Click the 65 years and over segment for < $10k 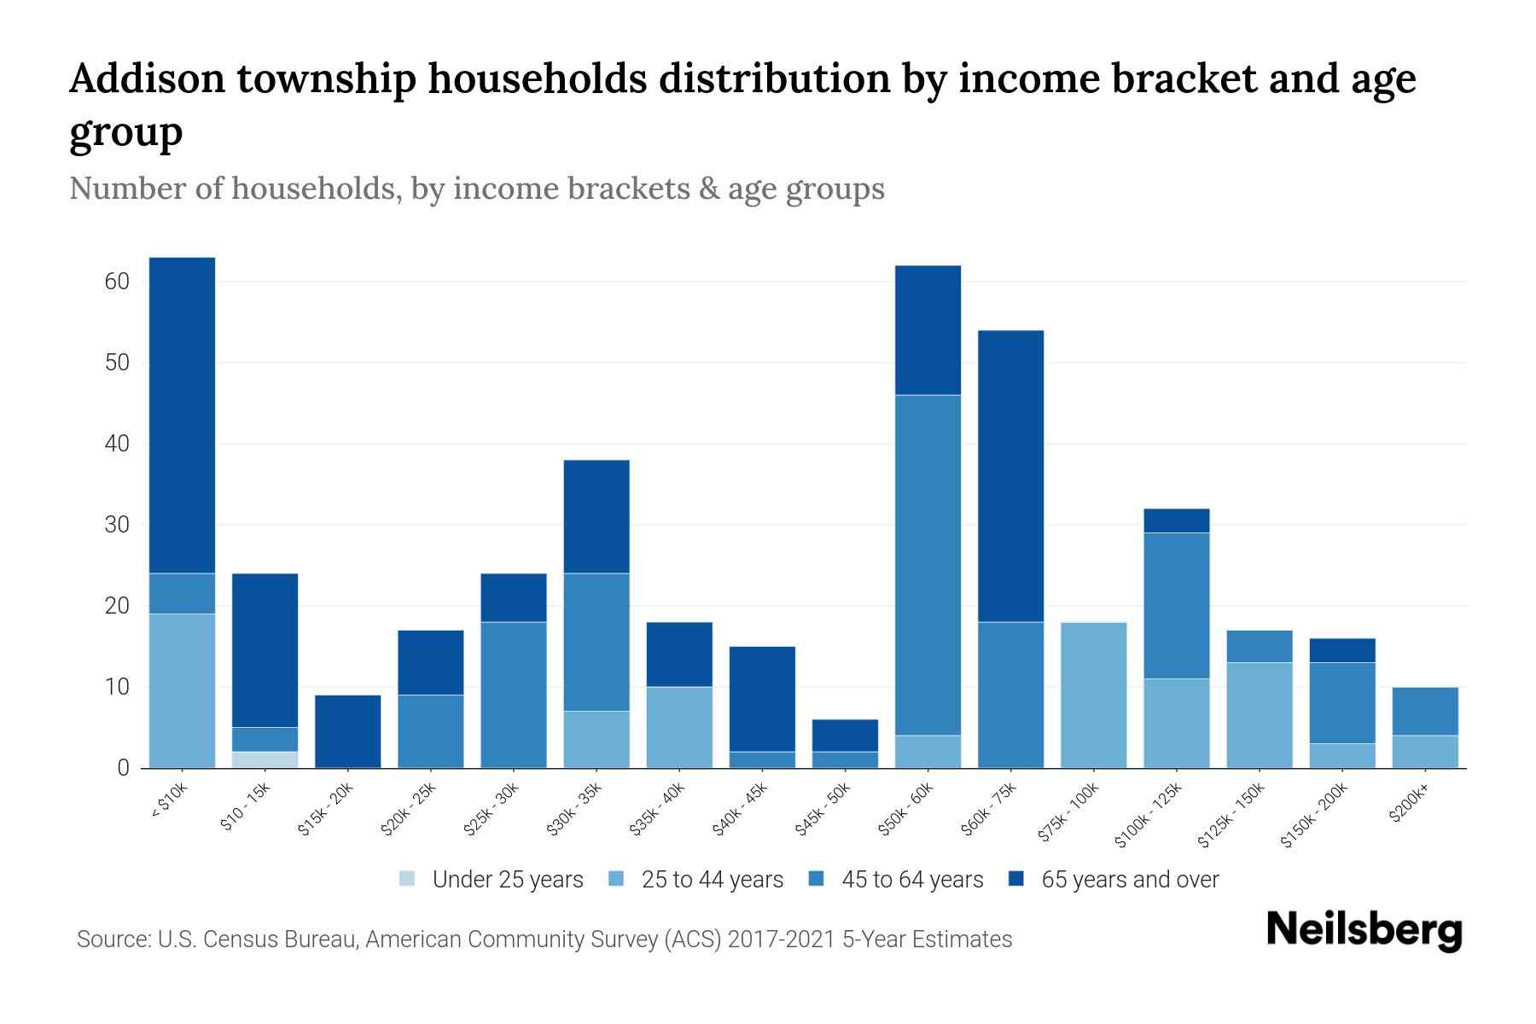182,415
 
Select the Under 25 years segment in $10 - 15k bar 265,759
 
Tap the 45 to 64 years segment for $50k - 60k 928,565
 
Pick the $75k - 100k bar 1093,695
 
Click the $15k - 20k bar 347,731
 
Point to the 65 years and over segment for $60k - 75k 1010,476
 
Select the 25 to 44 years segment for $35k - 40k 679,727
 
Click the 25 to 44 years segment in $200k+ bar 1425,751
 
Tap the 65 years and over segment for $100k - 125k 1176,521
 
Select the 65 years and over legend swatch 1016,879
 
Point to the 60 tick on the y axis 117,282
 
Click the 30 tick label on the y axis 117,525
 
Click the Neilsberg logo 1364,930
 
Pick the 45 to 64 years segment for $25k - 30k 514,695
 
